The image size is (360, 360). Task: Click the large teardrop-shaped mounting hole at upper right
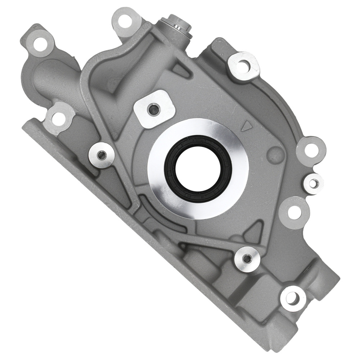244,65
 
